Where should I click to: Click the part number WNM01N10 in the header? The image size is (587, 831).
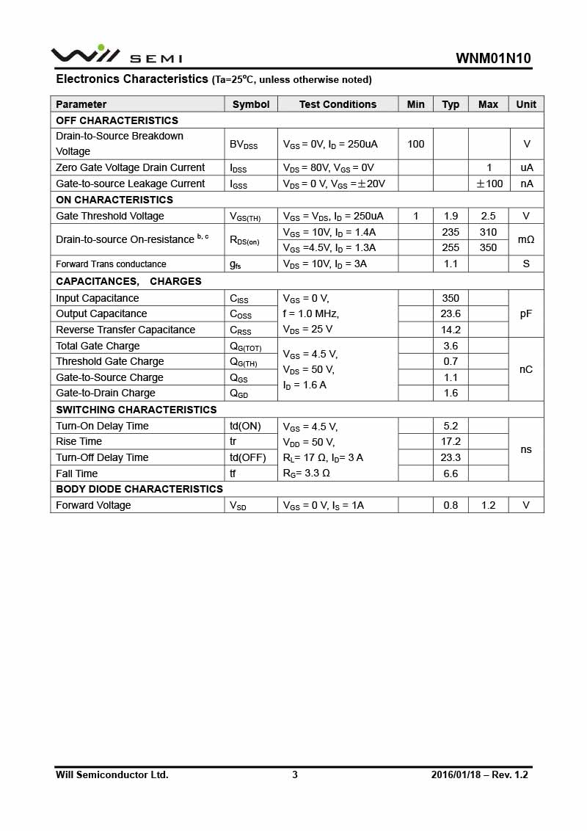pos(493,59)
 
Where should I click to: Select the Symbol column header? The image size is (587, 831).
pos(251,104)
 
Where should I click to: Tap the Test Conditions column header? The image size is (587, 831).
pos(338,104)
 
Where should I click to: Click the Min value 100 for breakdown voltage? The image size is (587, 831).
pos(415,144)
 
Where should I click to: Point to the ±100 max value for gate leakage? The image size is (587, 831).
pos(489,184)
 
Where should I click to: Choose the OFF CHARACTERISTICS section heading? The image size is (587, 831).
pos(117,120)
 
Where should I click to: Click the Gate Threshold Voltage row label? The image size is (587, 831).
pos(110,216)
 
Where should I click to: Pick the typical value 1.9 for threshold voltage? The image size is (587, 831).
pos(451,216)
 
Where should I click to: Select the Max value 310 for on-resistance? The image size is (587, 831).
pos(488,232)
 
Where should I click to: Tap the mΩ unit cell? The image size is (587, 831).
pos(526,239)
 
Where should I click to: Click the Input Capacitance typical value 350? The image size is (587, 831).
pos(451,298)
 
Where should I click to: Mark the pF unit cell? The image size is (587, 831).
pos(526,313)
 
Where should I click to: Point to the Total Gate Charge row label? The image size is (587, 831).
pos(98,346)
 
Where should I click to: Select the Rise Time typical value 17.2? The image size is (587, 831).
pos(451,441)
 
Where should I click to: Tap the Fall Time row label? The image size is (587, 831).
pos(77,473)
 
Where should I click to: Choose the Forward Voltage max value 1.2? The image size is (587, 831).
pos(488,505)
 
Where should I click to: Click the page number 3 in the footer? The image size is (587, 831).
pos(295,774)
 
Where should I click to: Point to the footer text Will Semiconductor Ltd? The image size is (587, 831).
pos(112,774)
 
